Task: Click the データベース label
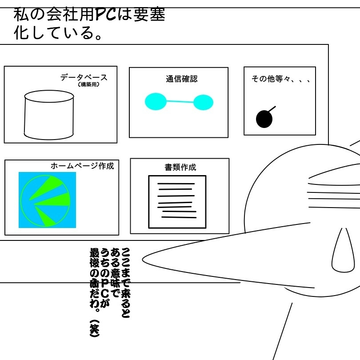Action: click(x=84, y=77)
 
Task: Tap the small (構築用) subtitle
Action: click(x=88, y=85)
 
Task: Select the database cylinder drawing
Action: click(x=48, y=114)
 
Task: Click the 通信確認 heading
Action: click(x=181, y=79)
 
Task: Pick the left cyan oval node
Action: click(x=156, y=101)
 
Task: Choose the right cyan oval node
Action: click(x=204, y=102)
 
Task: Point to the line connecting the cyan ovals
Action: click(x=180, y=102)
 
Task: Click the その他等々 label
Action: click(x=280, y=79)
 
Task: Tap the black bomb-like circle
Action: click(x=264, y=119)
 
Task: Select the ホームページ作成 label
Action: click(x=82, y=166)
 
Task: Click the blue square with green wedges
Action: click(x=47, y=200)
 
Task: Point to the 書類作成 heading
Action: click(x=180, y=168)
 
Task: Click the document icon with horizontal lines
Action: click(x=177, y=202)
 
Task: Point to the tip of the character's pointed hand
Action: click(x=143, y=257)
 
